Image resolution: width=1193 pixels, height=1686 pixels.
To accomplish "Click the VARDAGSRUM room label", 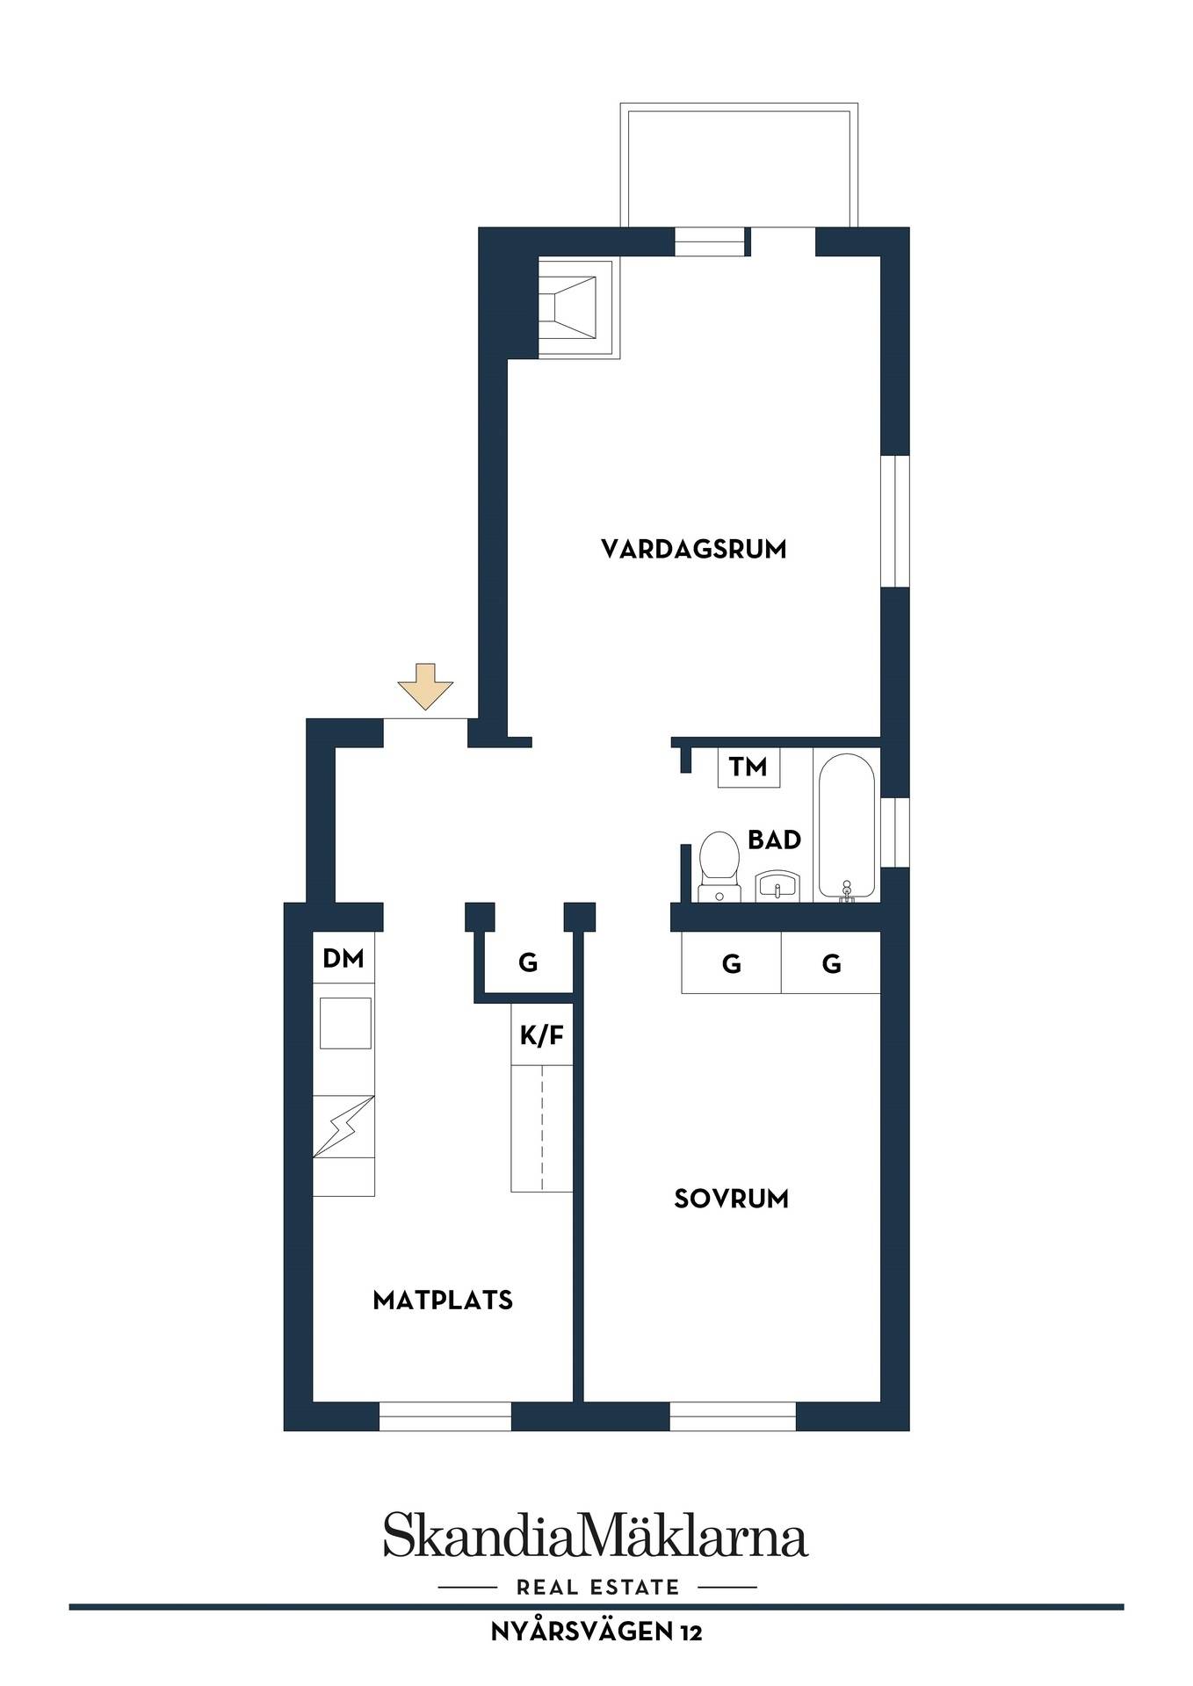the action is point(693,550).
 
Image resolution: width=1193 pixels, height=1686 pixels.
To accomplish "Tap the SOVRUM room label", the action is point(731,1199).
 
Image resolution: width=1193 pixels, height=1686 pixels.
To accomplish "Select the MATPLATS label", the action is point(443,1301).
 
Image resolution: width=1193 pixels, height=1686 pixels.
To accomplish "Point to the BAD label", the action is point(774,840).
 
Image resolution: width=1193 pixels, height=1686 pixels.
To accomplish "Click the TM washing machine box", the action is point(748,767).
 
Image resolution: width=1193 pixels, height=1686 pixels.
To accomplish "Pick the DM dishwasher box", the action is point(343,958).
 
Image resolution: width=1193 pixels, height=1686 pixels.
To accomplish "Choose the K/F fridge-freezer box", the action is point(542,1035).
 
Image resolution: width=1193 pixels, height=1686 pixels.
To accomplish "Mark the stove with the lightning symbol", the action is point(344,1127).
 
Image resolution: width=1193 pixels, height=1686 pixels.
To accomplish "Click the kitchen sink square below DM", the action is point(345,1022).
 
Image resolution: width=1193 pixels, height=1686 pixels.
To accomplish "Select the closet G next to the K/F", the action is point(528,963).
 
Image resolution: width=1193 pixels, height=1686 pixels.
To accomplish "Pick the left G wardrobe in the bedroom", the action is point(731,963).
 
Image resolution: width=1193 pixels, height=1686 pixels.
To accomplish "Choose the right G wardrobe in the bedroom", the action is point(831,963).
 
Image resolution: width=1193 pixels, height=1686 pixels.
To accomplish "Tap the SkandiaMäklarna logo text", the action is point(596,1534).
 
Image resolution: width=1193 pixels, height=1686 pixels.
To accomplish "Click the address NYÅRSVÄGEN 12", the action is point(596,1632).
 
